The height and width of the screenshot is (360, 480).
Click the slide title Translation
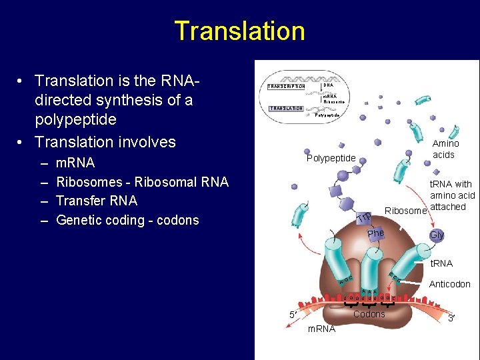(x=239, y=31)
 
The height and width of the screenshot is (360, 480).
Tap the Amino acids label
(x=445, y=149)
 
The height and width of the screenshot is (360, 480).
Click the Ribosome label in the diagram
(x=405, y=211)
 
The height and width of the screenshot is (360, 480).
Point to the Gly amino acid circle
(x=437, y=235)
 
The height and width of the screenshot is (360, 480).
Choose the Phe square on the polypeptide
(x=375, y=233)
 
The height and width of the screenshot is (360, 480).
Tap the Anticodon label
(x=450, y=284)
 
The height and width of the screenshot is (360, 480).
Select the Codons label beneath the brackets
(x=369, y=314)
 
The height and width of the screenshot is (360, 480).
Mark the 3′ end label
(x=451, y=319)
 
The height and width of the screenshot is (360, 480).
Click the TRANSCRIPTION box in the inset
(x=286, y=87)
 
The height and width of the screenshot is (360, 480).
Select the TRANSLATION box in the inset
(x=286, y=108)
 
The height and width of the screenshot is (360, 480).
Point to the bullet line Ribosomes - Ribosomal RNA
(x=142, y=181)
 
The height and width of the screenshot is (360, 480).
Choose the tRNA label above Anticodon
(x=441, y=264)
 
